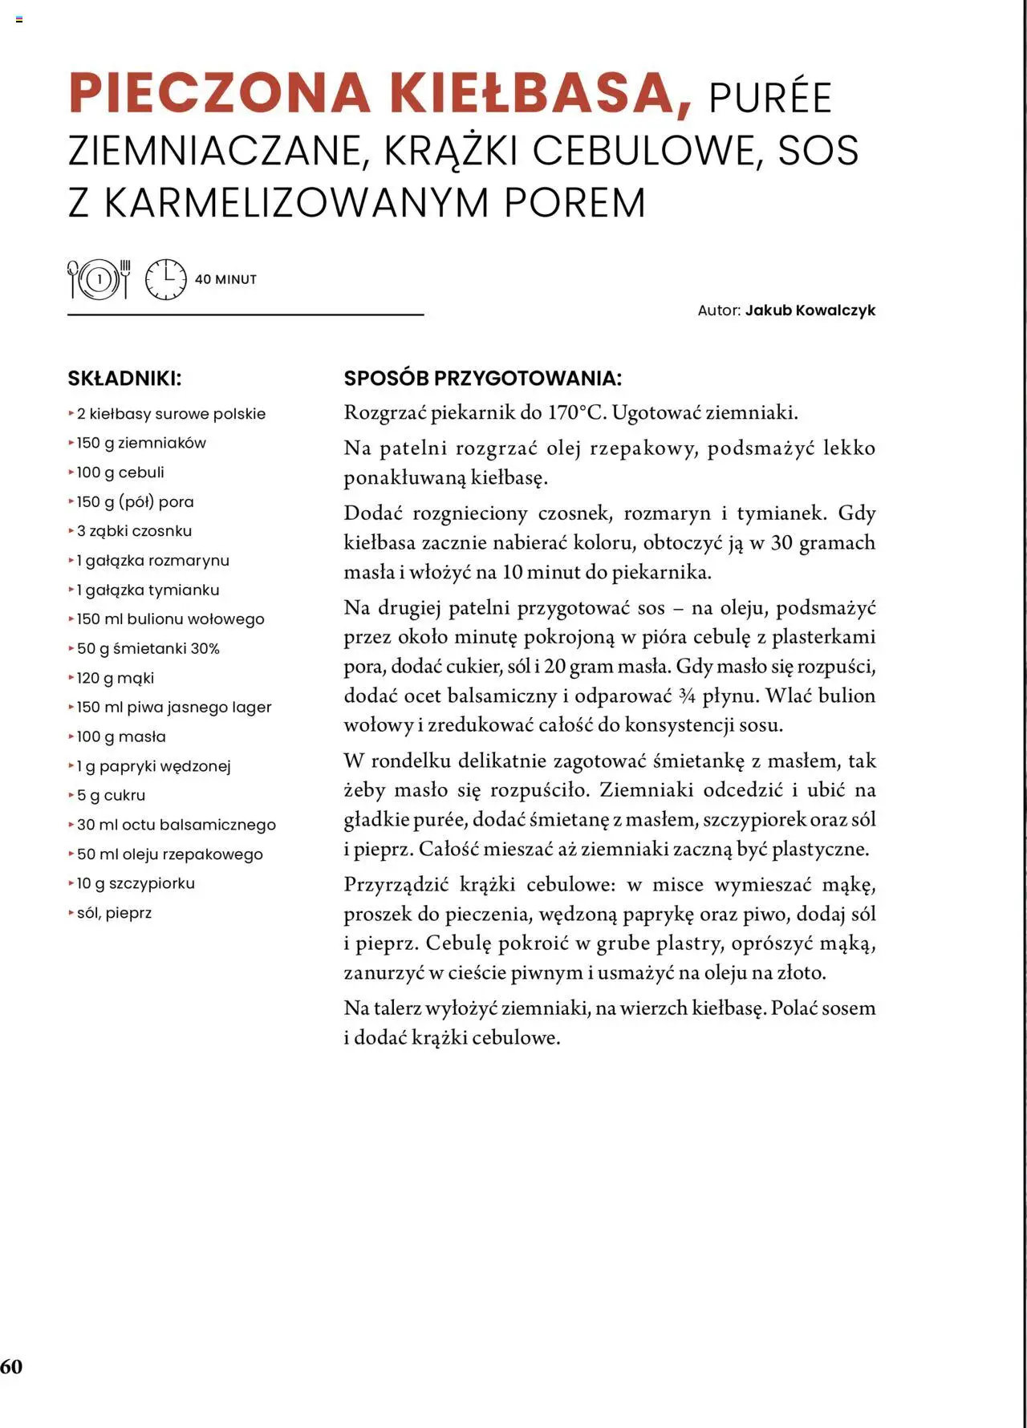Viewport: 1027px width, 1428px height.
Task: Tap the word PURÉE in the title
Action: [769, 99]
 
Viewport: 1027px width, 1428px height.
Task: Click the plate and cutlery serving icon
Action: [99, 279]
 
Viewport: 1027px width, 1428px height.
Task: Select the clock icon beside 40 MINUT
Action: [165, 279]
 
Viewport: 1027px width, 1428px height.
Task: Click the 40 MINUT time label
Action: [225, 280]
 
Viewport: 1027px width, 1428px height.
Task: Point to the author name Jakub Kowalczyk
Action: [810, 310]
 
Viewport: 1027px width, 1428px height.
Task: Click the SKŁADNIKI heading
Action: [124, 379]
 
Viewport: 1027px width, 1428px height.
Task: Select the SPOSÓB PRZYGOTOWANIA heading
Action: [482, 379]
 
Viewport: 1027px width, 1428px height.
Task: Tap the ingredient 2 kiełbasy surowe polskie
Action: [171, 414]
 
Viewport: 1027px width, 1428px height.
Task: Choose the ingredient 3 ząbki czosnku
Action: [134, 531]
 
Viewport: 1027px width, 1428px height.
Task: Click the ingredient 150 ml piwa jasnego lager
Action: [174, 708]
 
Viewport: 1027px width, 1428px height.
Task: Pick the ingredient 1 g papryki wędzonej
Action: [153, 766]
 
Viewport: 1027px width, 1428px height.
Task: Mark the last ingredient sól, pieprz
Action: [114, 913]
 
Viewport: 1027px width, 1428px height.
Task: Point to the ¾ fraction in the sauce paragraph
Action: [686, 696]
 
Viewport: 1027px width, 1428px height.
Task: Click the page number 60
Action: [11, 1367]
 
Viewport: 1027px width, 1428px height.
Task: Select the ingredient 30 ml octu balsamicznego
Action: [176, 825]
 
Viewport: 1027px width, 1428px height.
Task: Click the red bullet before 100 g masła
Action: [71, 736]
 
